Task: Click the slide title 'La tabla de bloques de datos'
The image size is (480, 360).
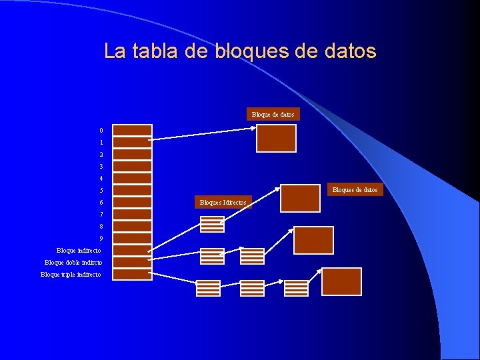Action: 240,51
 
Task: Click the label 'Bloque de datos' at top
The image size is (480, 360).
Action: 273,115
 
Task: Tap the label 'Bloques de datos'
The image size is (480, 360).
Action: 355,190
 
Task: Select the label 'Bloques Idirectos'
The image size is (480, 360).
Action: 223,202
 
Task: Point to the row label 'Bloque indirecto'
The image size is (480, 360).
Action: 79,251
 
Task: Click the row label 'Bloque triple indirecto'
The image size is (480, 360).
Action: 71,275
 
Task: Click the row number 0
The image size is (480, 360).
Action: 101,131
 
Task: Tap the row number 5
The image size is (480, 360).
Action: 101,191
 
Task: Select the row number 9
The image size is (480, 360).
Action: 101,239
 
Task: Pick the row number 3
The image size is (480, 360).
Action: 101,167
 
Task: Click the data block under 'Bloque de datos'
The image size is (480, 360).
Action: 276,139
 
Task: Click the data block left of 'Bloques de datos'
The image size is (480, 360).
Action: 300,198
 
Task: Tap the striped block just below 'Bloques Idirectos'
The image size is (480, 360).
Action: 213,224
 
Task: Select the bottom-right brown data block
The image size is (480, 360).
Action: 341,281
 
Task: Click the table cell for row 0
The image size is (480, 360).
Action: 132,131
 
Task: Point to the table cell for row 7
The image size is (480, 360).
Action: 132,215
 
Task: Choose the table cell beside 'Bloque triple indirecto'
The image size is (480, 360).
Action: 132,275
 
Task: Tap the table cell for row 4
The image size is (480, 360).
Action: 132,179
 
